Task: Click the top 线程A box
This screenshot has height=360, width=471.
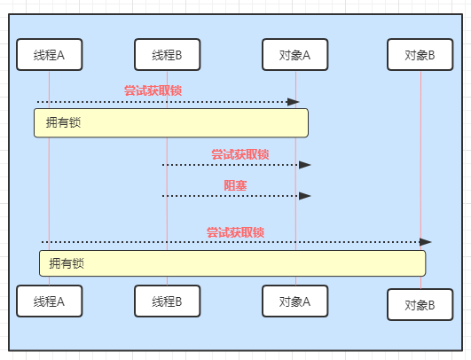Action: click(x=50, y=55)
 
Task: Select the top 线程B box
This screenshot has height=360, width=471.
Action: click(x=168, y=55)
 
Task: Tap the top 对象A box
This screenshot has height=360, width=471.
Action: click(x=295, y=55)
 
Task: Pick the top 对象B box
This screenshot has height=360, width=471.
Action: click(x=420, y=55)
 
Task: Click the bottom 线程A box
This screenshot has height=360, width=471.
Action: click(x=50, y=301)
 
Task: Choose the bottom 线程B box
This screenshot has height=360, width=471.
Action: click(x=168, y=301)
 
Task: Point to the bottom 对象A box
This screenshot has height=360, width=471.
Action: click(x=295, y=301)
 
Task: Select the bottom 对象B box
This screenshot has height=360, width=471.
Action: click(x=420, y=305)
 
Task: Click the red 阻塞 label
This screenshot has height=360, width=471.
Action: click(x=235, y=185)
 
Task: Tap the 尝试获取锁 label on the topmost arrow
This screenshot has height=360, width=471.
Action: click(x=153, y=90)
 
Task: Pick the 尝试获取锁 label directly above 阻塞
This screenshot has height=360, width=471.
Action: click(x=240, y=154)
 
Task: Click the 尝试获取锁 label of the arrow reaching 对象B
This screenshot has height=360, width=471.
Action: click(x=236, y=232)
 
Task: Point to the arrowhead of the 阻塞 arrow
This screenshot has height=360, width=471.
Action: click(x=305, y=196)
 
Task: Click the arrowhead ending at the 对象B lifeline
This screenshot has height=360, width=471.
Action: click(x=426, y=242)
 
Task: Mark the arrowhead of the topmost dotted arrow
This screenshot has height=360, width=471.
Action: click(x=294, y=102)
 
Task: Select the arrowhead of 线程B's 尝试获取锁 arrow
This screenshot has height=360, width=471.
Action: click(x=305, y=165)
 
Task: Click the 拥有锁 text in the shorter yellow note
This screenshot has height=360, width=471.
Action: click(x=63, y=122)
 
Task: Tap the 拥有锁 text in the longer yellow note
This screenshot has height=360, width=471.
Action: click(x=67, y=263)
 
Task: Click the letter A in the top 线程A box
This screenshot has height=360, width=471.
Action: click(x=60, y=56)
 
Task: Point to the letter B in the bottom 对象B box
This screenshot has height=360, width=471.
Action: click(x=431, y=306)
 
